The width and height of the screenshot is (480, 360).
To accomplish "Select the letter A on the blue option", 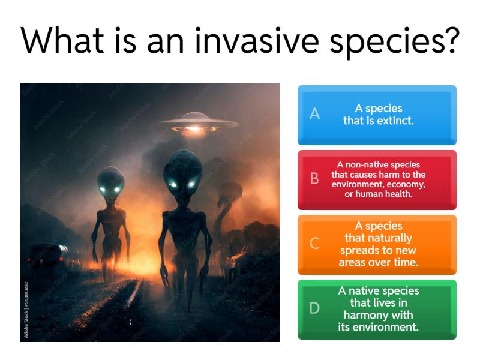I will (314, 115).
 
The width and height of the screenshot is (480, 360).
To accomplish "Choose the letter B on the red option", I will (314, 179).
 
